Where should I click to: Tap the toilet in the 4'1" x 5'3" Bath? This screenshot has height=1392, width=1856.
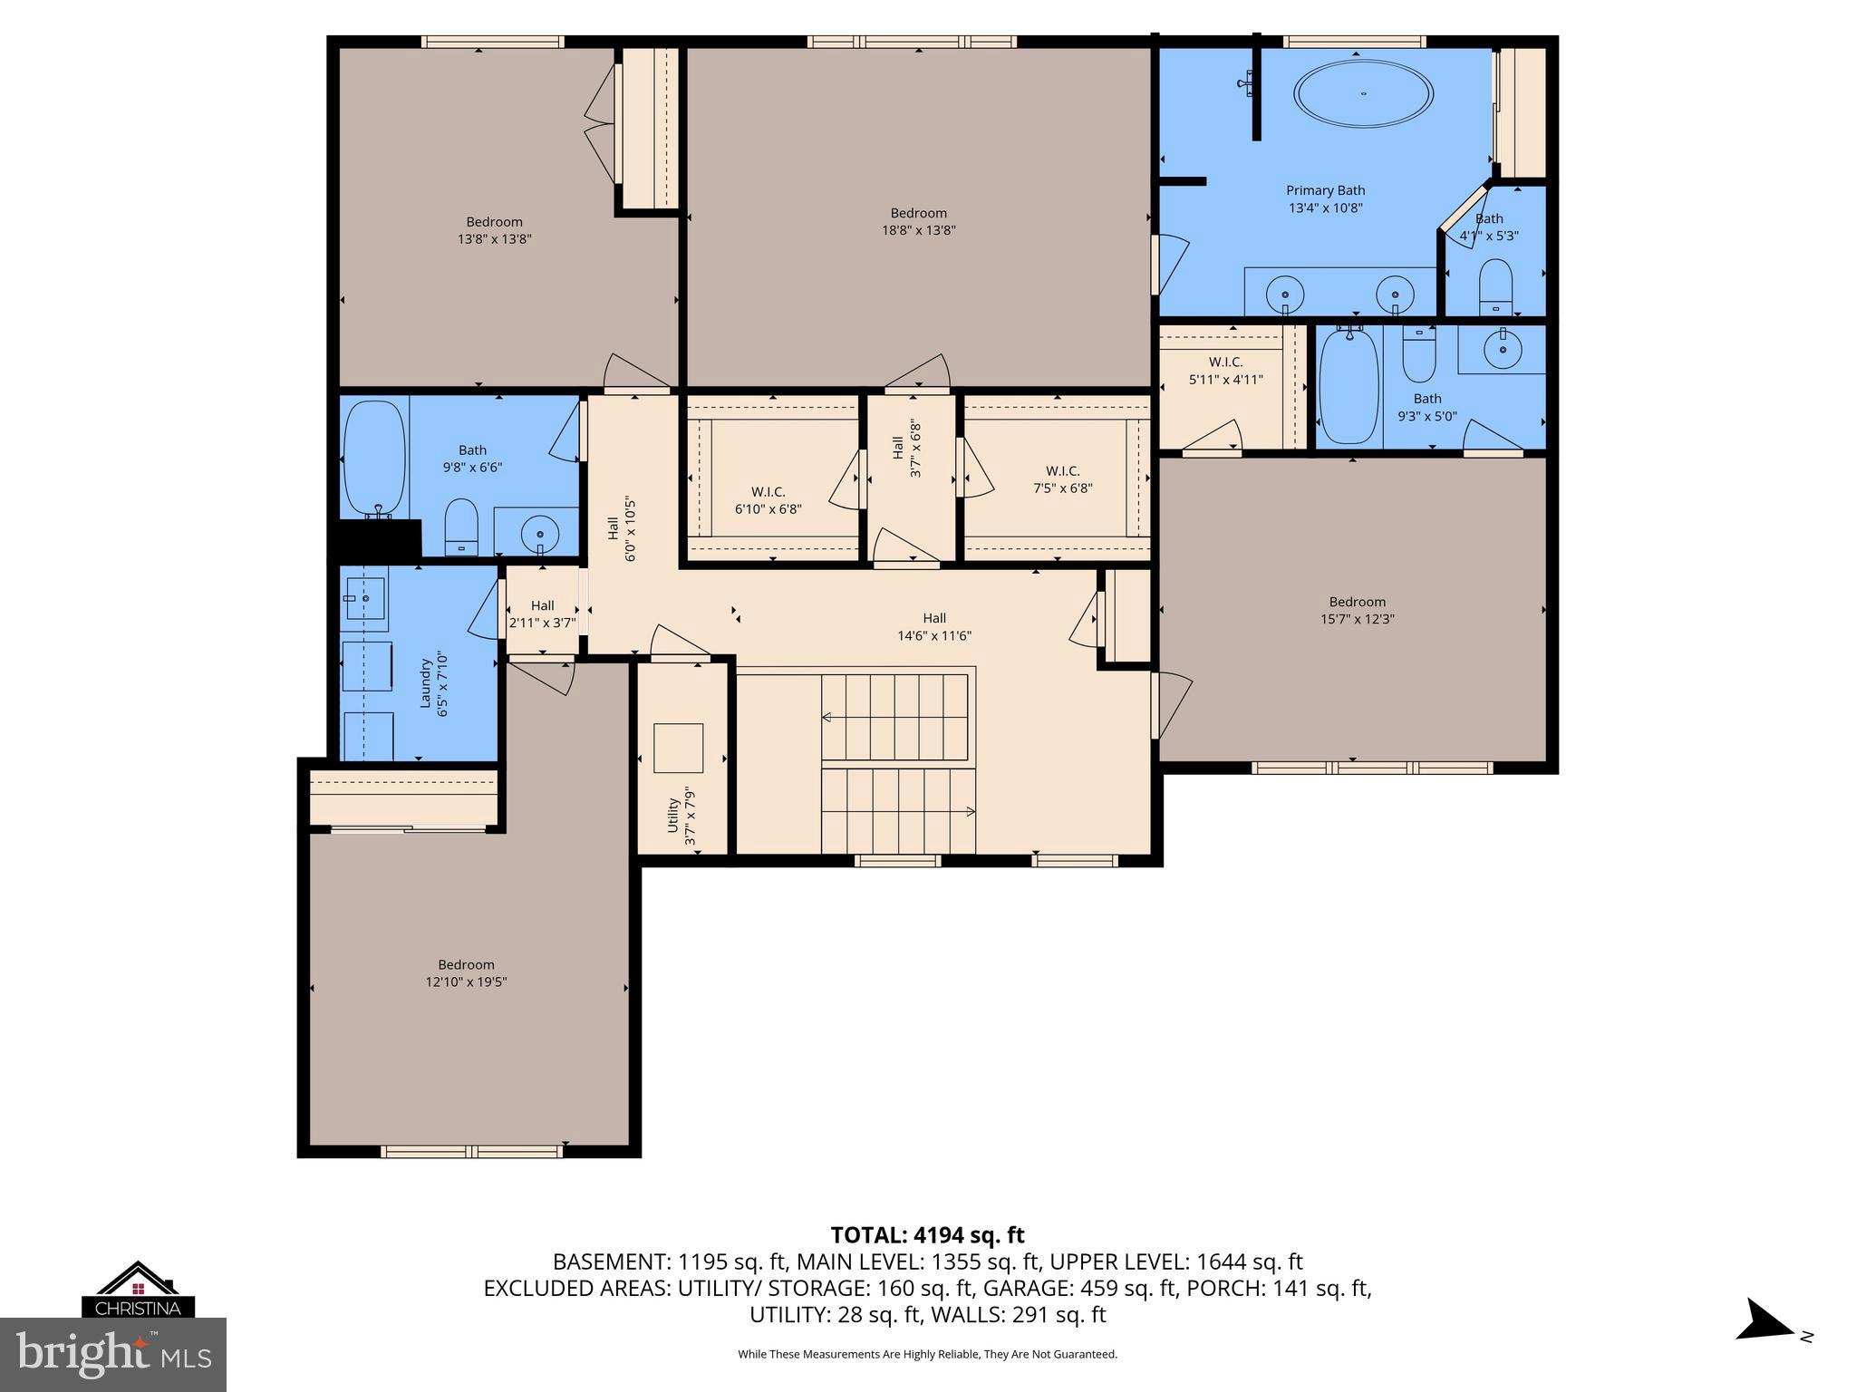(1495, 283)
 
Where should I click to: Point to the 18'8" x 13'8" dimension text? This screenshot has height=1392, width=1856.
(918, 230)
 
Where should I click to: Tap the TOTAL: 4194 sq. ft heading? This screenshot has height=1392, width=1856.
(927, 1234)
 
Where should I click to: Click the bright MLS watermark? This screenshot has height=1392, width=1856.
(113, 1354)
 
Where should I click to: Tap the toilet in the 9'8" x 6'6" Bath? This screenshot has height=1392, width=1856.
(461, 526)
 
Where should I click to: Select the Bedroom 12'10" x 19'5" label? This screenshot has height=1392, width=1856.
(466, 973)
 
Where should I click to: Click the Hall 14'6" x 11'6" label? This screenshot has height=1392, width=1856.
(933, 627)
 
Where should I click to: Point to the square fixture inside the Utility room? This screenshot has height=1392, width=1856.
(678, 748)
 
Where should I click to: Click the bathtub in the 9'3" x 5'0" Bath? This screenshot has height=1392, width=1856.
(1348, 387)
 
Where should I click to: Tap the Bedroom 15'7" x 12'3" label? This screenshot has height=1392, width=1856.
(1357, 611)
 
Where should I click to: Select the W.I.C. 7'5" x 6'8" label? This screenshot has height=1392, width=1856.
(1062, 479)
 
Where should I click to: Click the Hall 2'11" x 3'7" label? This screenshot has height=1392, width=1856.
(542, 614)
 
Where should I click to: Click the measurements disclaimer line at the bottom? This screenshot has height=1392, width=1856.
(927, 1354)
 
